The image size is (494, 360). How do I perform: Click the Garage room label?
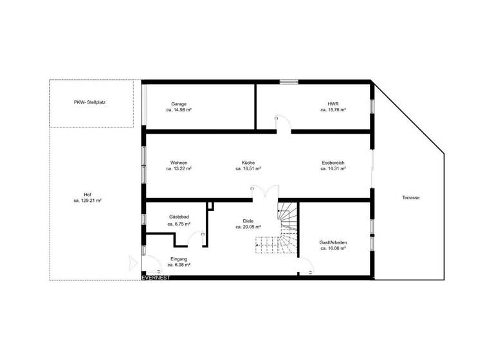pos(179,104)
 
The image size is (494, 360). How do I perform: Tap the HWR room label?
pos(333,104)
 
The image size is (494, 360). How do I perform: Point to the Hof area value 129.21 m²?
pos(88,201)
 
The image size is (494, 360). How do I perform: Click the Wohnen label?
pos(179,163)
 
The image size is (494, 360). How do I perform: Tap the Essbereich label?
pos(333,163)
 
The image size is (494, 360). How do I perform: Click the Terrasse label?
pos(410,197)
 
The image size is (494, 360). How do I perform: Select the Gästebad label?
pos(179,217)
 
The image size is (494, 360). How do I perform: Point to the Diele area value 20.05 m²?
pos(248,227)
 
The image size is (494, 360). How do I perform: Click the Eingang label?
pos(179,258)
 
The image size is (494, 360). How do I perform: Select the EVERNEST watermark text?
pos(156,278)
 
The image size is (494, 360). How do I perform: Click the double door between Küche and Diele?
pos(264,192)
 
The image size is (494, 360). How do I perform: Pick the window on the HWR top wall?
pos(289,81)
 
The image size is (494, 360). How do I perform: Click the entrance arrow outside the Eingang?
pos(133,262)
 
